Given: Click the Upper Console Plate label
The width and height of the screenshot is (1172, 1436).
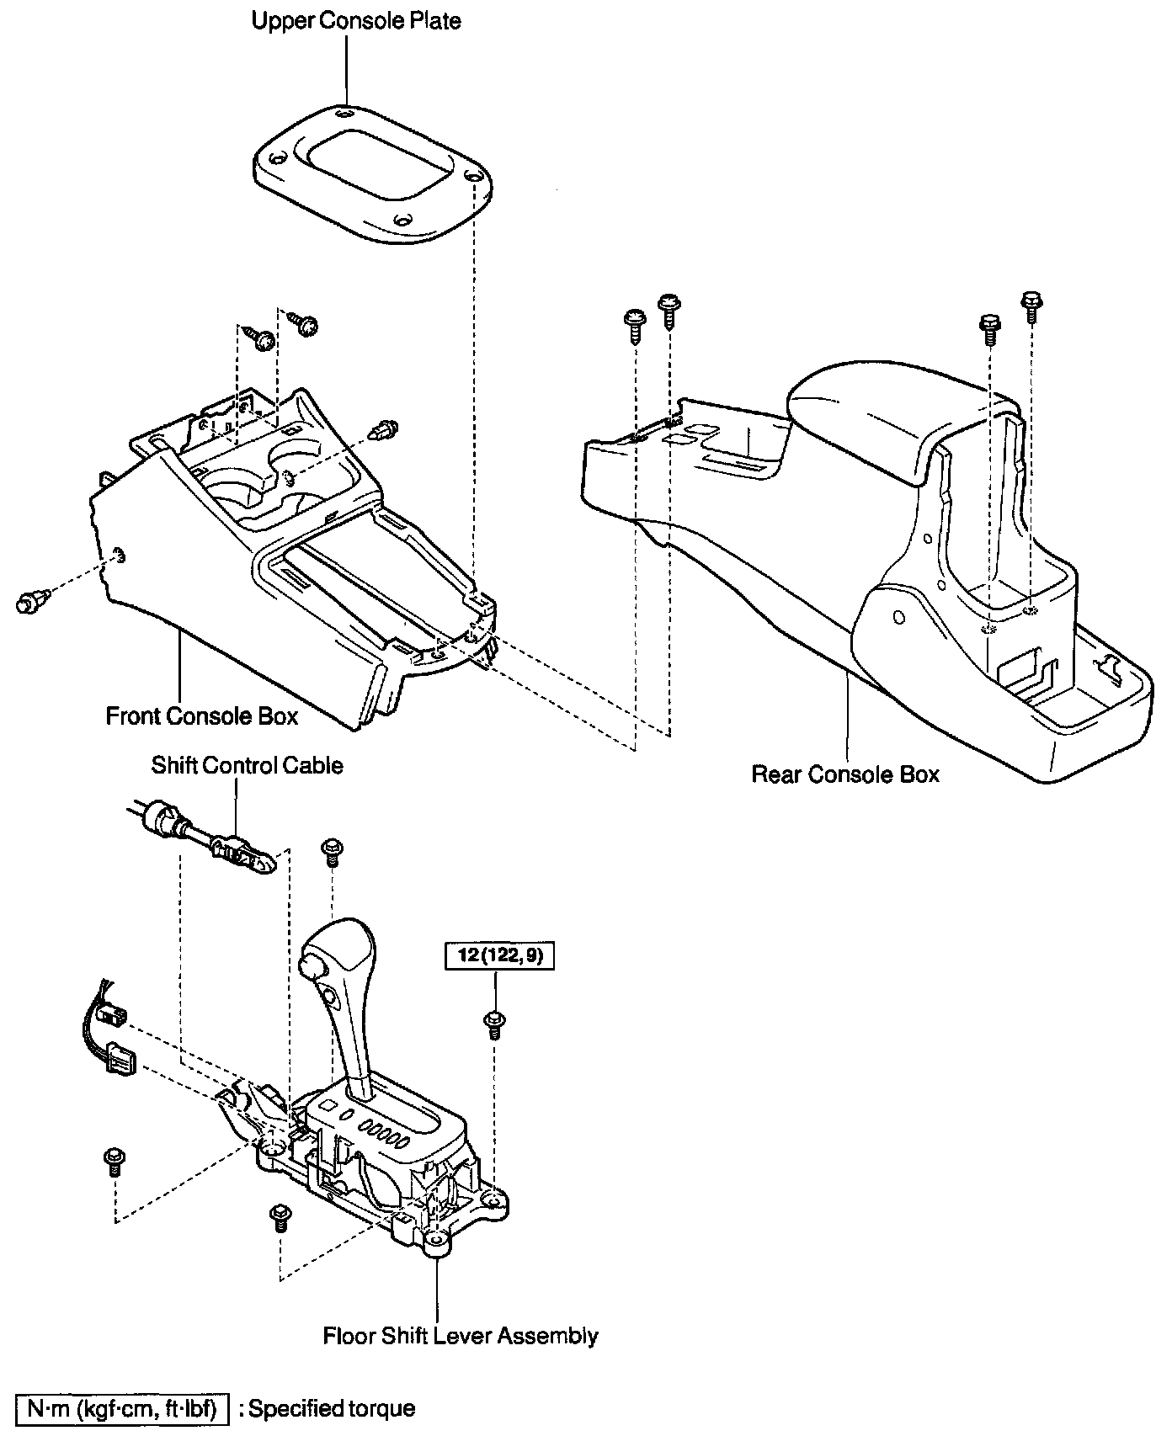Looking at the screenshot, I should [356, 20].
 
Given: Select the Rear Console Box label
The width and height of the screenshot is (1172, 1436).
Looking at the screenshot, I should [844, 774].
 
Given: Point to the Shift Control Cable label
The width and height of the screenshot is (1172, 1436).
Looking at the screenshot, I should [247, 765].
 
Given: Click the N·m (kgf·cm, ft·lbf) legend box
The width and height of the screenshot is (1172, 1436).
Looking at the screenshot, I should [122, 1408].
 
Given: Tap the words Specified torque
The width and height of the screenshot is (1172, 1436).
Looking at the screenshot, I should [332, 1408].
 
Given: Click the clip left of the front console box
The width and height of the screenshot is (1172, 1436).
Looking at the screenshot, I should [32, 601].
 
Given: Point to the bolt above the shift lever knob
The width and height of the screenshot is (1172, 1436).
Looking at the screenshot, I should [332, 851].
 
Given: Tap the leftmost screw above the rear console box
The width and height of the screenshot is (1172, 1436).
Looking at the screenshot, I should [634, 323].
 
